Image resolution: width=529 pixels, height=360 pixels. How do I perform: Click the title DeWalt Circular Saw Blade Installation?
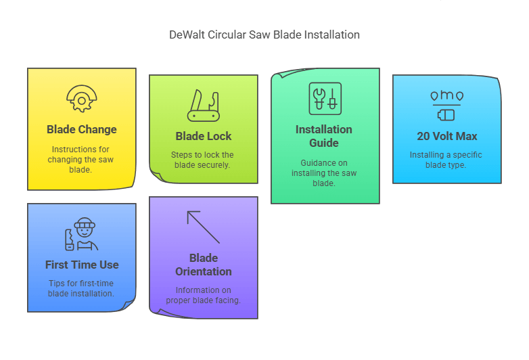264,35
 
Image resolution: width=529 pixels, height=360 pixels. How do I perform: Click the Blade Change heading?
82,129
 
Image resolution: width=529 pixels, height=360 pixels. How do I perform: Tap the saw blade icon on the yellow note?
81,99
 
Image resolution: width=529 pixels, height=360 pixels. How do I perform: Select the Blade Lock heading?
204,136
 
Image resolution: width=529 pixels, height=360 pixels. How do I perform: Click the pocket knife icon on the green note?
204,104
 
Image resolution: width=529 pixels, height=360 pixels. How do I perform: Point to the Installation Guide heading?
324,136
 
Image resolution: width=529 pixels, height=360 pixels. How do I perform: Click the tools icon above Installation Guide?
324,99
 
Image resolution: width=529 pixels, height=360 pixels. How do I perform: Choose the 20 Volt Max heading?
447,136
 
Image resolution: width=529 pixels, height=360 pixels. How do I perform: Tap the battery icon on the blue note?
447,106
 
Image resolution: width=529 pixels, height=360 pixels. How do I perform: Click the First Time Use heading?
82,265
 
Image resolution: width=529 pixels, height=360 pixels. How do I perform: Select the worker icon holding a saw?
82,235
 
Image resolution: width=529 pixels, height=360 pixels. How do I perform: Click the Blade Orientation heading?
204,265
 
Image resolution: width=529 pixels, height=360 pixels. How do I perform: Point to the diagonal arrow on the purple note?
204,227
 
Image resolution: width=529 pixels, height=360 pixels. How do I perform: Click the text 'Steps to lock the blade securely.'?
204,160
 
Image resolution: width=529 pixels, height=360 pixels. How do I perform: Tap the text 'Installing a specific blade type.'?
447,160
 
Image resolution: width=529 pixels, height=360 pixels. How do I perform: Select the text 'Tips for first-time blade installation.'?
81,288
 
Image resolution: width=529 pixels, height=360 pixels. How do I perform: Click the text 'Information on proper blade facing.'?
204,295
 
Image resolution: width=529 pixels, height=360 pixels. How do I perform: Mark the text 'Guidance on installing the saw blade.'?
324,173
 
